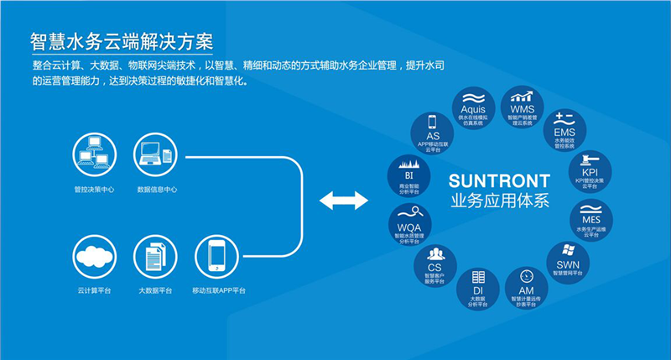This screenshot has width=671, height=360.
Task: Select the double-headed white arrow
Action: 344,200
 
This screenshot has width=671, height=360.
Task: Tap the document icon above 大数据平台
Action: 156,257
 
